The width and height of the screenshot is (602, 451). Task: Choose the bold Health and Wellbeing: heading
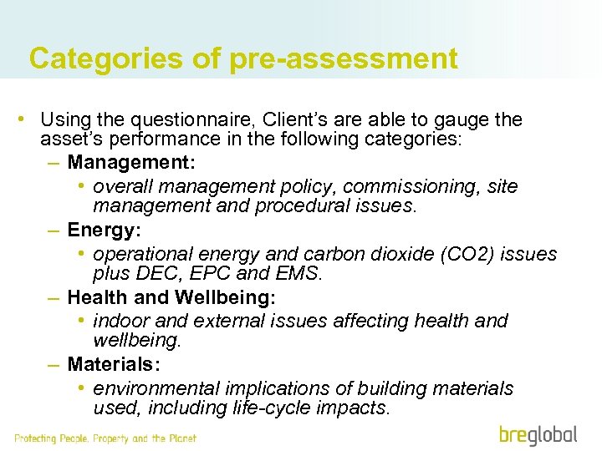click(x=171, y=296)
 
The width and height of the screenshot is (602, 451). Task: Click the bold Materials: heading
click(x=114, y=364)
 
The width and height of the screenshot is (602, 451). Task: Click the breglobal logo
click(x=538, y=434)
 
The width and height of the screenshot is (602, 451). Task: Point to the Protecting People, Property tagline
click(x=105, y=438)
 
